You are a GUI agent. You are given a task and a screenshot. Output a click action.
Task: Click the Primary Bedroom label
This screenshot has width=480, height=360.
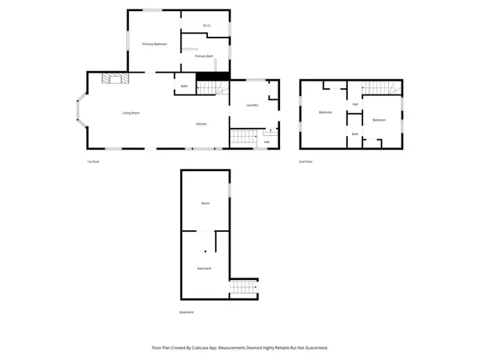pos(154,43)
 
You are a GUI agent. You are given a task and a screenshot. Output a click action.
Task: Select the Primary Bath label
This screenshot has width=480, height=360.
pos(204,56)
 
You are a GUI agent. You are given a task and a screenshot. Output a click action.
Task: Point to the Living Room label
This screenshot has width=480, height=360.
pos(131,113)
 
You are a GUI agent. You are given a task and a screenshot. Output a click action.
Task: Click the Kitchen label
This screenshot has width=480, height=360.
pos(202,124)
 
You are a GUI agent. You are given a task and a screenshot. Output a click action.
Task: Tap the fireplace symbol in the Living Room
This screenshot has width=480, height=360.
pos(113,77)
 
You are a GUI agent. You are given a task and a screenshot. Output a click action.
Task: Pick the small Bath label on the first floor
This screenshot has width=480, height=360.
pos(184,86)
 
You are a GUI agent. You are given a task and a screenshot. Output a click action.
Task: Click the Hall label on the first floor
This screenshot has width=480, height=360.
pos(266,141)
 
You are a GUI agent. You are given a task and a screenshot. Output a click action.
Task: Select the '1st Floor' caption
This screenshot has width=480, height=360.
pos(93,161)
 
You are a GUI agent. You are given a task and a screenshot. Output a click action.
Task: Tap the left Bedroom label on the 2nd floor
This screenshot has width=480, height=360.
pos(326,112)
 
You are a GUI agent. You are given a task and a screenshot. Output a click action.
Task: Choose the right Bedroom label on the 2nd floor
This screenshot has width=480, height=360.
pos(379,120)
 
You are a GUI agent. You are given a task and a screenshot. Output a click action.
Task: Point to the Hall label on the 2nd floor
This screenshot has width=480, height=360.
pos(354,105)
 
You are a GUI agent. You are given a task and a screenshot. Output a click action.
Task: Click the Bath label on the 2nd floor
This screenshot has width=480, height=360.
pos(354,134)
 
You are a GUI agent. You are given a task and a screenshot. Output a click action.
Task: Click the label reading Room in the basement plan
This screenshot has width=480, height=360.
pos(206,204)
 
